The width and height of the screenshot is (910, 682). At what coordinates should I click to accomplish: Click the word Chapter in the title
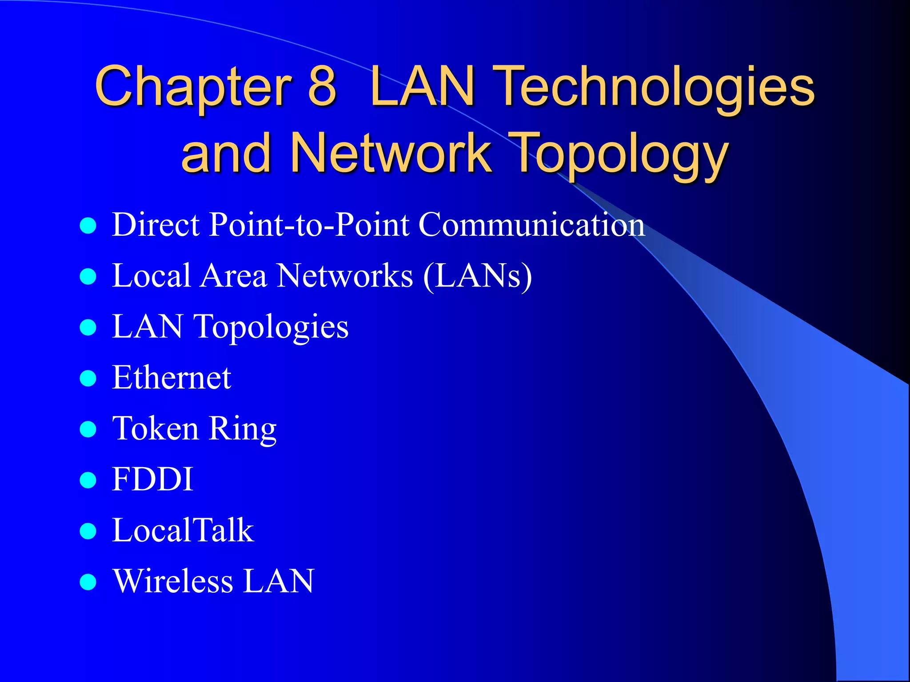193,87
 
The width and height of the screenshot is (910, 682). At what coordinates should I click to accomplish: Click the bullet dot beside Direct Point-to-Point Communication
88,226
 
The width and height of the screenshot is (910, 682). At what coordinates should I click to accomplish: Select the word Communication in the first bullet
531,225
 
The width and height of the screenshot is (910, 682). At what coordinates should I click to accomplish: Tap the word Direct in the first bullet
156,225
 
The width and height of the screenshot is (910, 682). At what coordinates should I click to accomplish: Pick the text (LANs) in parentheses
478,276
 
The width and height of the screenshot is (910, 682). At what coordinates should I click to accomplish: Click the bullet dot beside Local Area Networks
88,277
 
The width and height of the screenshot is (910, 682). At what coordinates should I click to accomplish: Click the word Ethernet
172,378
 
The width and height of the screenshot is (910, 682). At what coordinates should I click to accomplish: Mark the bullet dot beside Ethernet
88,379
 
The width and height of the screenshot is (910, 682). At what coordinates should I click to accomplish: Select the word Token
155,429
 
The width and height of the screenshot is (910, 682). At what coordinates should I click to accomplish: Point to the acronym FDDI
152,480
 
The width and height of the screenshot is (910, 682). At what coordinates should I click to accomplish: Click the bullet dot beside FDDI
88,480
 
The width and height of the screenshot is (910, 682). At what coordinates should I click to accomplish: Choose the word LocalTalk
183,531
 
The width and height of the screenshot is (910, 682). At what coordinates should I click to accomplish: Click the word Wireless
173,581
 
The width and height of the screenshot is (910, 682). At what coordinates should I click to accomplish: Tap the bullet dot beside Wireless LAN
88,582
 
